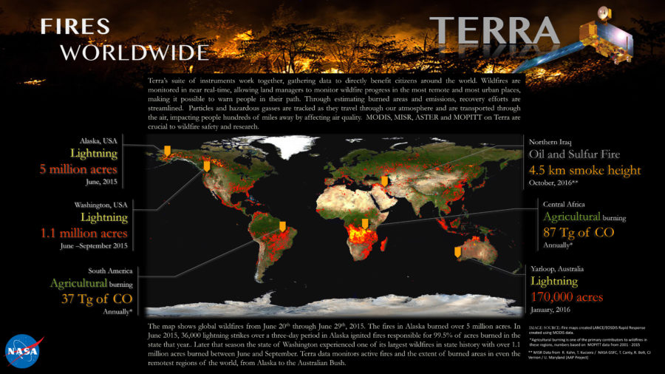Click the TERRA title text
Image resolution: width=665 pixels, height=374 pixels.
pyautogui.click(x=494, y=30)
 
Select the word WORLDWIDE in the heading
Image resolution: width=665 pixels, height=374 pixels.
pyautogui.click(x=134, y=52)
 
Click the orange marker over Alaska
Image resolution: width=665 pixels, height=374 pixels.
pyautogui.click(x=167, y=151)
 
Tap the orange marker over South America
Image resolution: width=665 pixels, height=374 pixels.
pyautogui.click(x=282, y=225)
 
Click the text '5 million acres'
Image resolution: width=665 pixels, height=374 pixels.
pyautogui.click(x=83, y=169)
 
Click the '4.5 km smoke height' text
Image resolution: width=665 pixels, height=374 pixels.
pyautogui.click(x=583, y=170)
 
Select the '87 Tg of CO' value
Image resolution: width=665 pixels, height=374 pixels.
pyautogui.click(x=578, y=233)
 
